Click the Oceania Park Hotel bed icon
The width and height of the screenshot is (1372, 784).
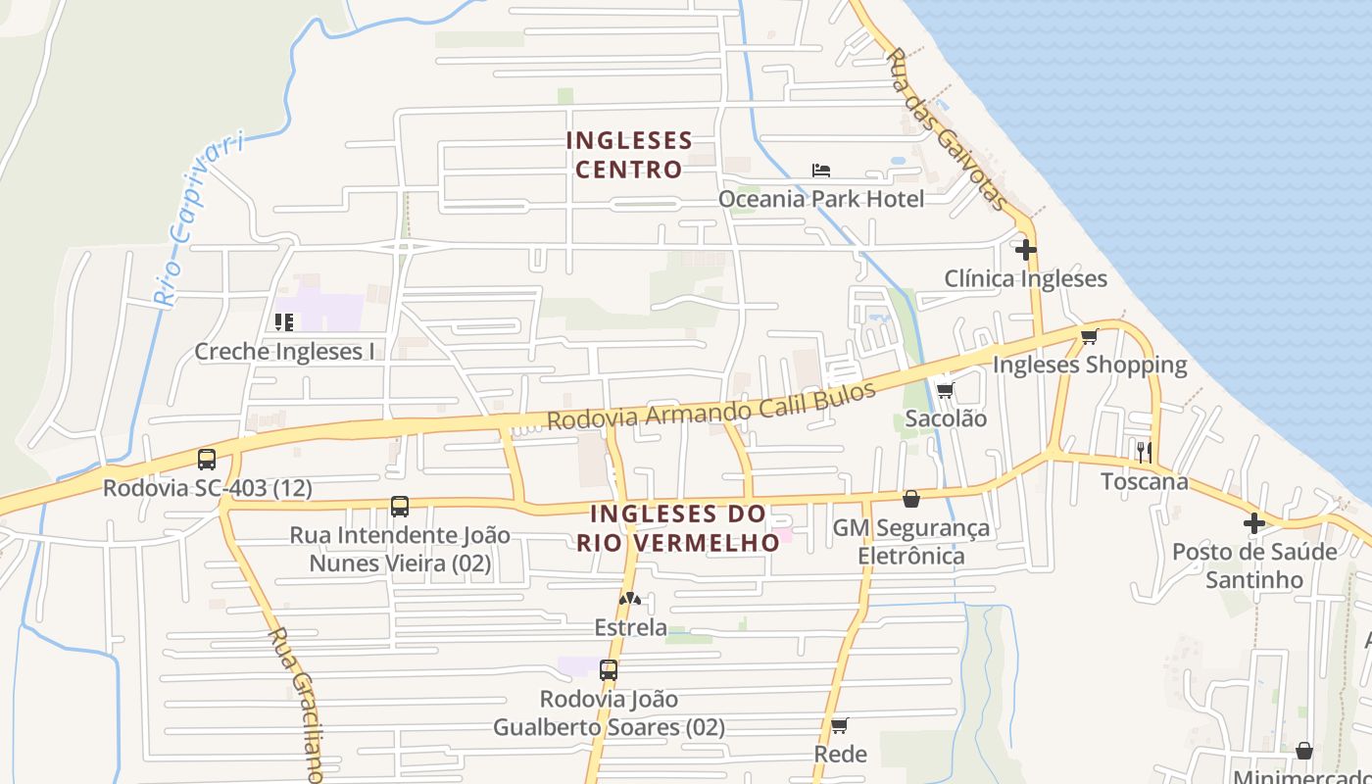(x=821, y=171)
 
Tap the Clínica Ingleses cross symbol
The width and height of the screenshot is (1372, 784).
(x=1026, y=250)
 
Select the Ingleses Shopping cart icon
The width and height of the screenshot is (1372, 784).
(x=1089, y=337)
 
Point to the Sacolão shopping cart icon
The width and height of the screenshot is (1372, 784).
(x=945, y=390)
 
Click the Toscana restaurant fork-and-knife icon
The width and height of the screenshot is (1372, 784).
(x=1144, y=452)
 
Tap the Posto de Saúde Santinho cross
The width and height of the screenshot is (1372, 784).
(x=1254, y=523)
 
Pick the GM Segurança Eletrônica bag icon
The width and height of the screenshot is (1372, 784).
(x=911, y=499)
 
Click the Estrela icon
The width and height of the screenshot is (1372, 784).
(x=630, y=599)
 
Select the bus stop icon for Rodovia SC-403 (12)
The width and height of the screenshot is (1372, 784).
(x=207, y=459)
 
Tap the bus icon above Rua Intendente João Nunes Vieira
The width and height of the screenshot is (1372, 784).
(x=400, y=507)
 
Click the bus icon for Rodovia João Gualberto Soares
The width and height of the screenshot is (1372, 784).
(x=609, y=670)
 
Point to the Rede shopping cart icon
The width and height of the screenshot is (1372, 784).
(x=840, y=725)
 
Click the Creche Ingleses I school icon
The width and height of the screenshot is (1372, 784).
(x=284, y=321)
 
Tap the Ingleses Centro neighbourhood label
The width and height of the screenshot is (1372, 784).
(x=629, y=155)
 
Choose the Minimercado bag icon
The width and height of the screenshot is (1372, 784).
(x=1304, y=751)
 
